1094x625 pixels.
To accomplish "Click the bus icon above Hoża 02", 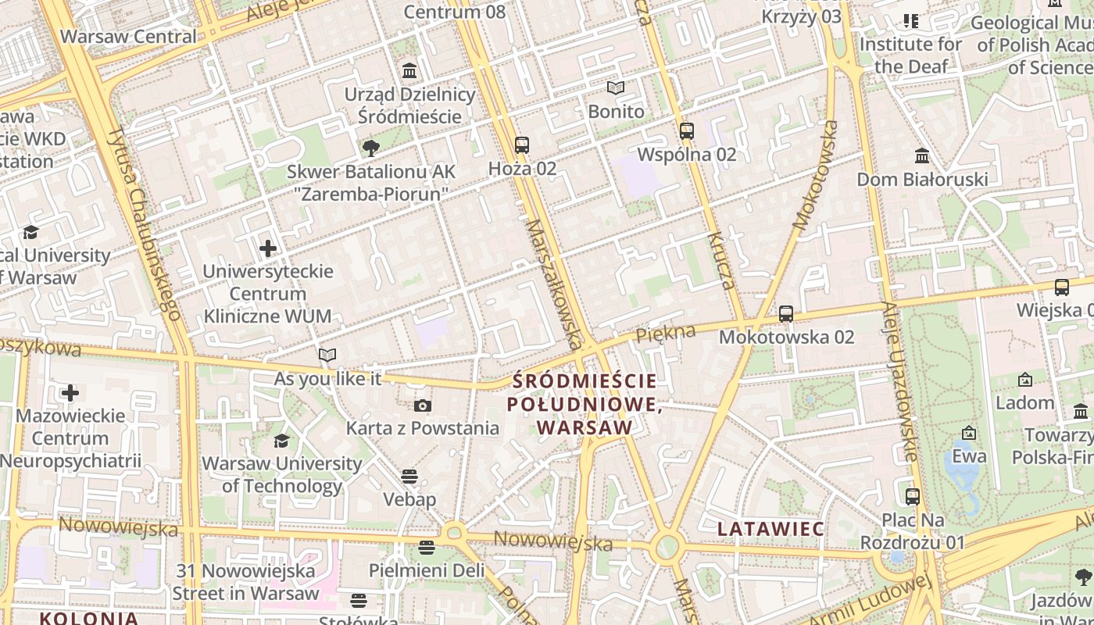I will click(x=521, y=145).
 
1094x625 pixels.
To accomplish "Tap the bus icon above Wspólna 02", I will click(x=687, y=131).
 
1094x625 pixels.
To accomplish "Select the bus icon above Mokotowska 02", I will click(x=786, y=314).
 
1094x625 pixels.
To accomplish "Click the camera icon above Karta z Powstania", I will click(x=423, y=405).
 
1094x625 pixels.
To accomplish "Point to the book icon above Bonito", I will click(x=617, y=88).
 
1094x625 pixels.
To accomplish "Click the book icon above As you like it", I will click(x=327, y=355).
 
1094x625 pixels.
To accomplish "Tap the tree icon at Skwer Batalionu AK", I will click(x=371, y=148).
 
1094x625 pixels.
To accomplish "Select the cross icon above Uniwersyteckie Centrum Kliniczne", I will click(x=268, y=248).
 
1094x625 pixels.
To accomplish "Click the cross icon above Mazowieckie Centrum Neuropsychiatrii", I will click(x=70, y=392).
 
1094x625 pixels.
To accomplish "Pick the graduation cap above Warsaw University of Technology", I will click(x=281, y=441).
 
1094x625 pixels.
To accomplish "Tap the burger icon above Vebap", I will click(x=409, y=476).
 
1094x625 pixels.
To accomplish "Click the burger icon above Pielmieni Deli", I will click(x=427, y=548).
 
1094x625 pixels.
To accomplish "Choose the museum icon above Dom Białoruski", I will click(x=922, y=156).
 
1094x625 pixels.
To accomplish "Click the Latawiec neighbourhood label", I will click(x=770, y=529).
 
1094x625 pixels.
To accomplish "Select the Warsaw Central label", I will click(x=128, y=37).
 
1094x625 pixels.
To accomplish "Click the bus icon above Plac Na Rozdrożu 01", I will click(x=913, y=496).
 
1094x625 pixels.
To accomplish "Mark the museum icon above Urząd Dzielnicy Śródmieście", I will click(x=409, y=71).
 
